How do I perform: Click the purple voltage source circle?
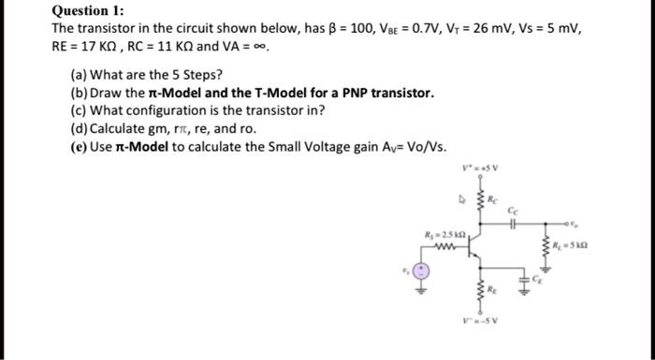click(x=421, y=271)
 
